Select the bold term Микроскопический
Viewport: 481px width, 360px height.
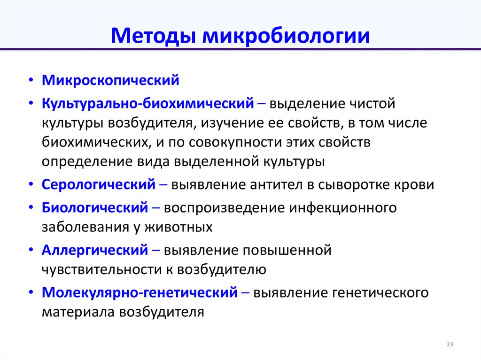110,80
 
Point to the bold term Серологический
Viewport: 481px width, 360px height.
99,184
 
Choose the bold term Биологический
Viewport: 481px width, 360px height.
95,207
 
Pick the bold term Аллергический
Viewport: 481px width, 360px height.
95,250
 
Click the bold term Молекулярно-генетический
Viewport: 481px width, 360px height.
140,293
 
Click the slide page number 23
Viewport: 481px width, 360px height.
450,345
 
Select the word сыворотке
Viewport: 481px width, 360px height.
356,184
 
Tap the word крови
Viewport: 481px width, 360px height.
414,184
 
